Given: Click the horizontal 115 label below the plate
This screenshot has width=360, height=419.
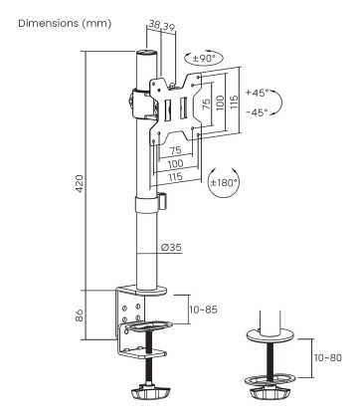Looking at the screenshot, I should click(178, 176).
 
